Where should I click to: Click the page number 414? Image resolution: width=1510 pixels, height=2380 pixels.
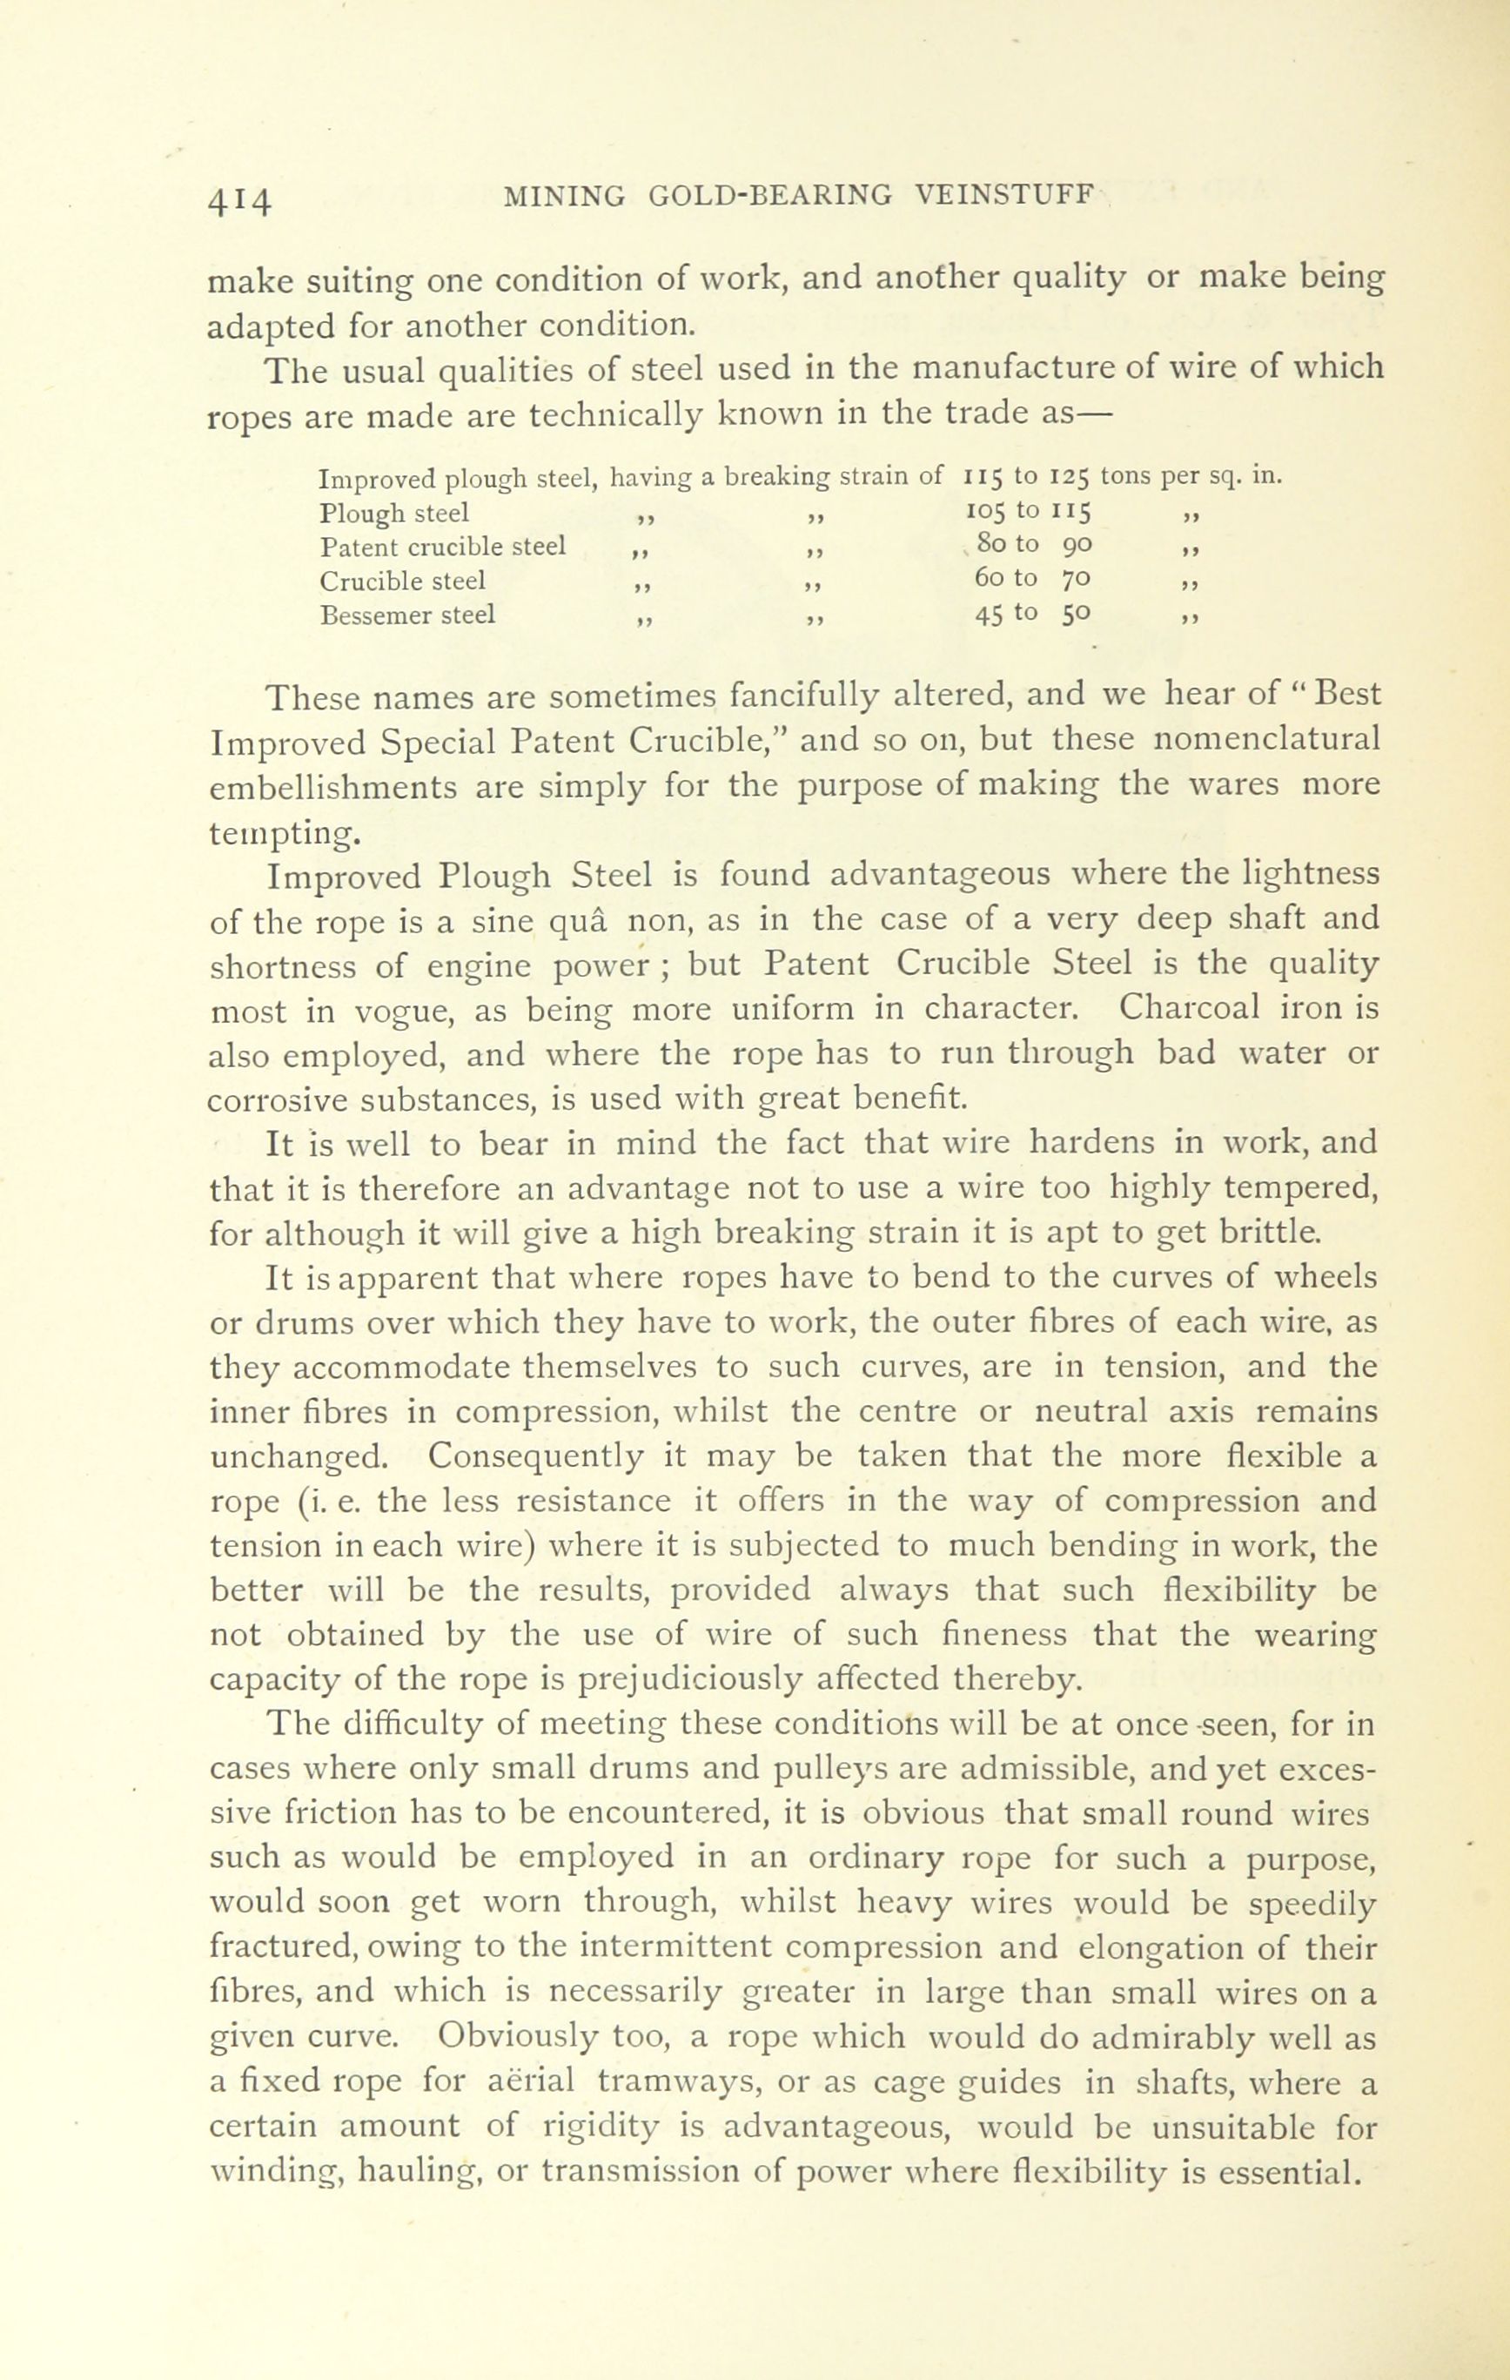point(239,199)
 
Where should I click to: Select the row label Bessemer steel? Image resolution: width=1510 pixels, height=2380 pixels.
point(408,615)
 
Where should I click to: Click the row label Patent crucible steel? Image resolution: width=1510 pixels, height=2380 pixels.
point(444,547)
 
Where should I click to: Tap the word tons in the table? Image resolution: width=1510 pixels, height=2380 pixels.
point(1126,479)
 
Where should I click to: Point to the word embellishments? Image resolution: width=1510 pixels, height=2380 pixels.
point(333,787)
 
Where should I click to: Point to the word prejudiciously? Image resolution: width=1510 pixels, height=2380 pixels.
point(687,1680)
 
